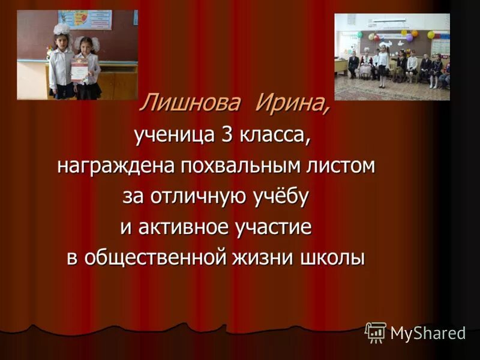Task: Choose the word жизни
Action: click(x=267, y=258)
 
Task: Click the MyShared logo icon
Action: click(x=376, y=332)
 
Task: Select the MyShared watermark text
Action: click(x=428, y=334)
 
